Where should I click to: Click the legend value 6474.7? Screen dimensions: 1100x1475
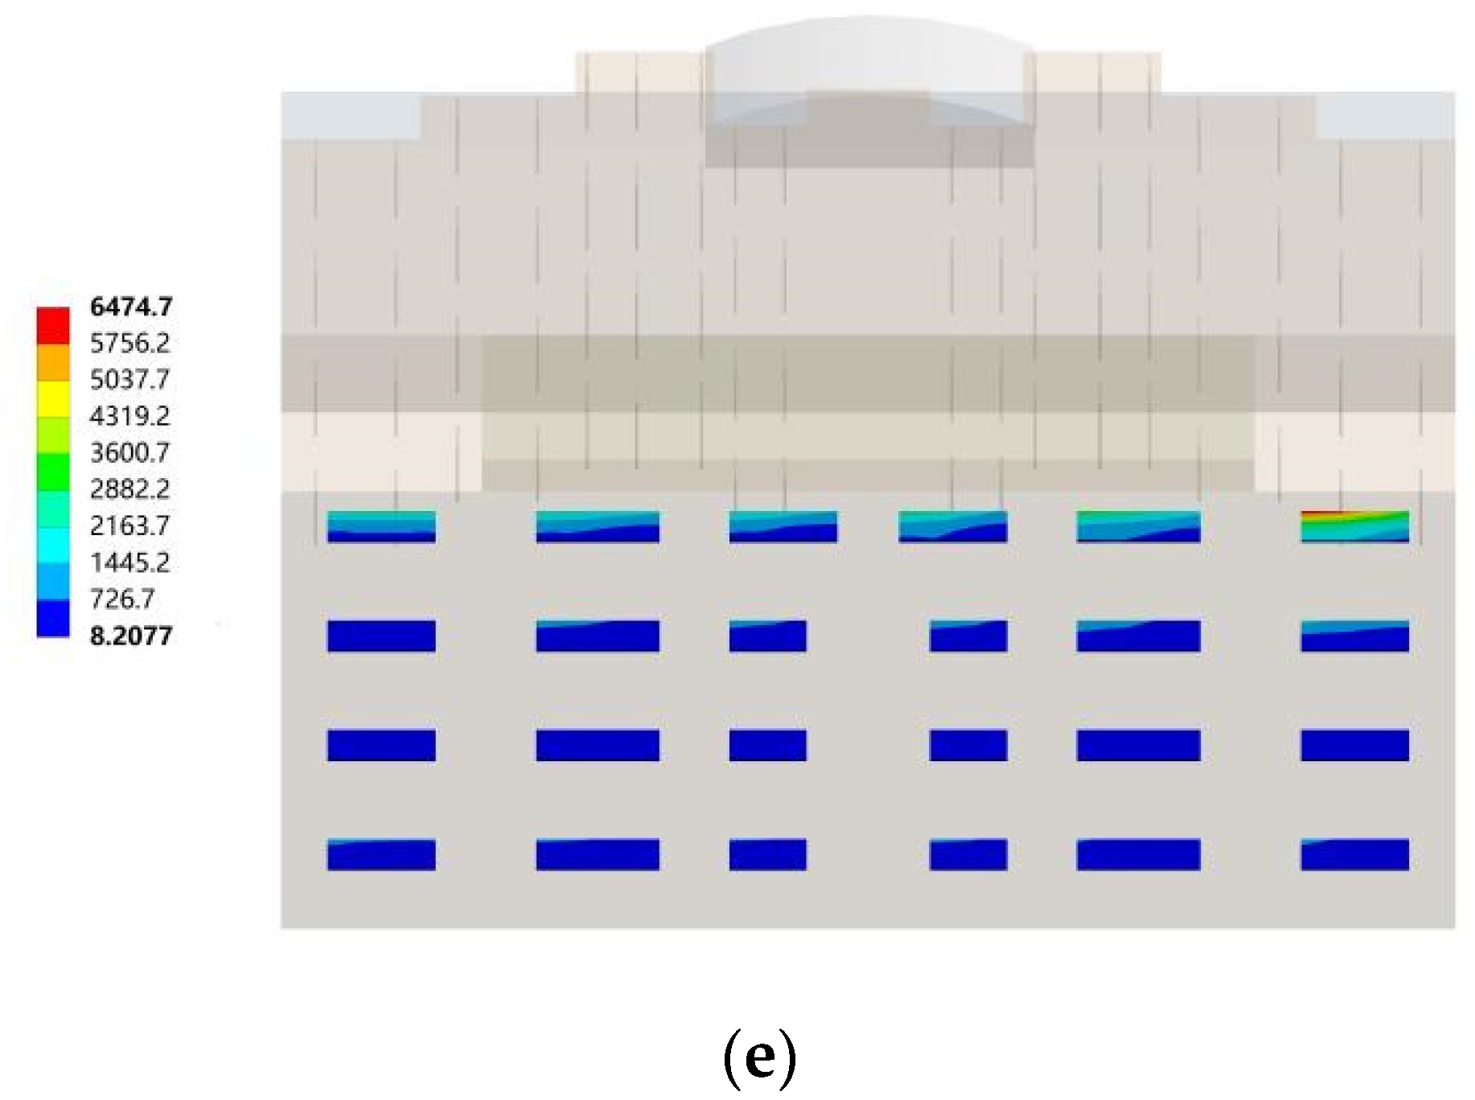(131, 307)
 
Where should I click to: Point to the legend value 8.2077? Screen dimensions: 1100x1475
(131, 636)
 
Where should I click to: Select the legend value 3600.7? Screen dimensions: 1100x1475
(129, 452)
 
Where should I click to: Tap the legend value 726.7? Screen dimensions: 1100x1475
(121, 599)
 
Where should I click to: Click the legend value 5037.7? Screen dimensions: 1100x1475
(129, 379)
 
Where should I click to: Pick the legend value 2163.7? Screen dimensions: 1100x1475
(129, 525)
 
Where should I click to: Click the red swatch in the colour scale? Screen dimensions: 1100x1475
(53, 325)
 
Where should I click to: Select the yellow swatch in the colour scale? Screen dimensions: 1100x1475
(53, 398)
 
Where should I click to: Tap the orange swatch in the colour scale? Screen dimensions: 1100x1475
(53, 362)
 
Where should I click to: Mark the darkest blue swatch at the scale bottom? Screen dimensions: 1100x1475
(53, 618)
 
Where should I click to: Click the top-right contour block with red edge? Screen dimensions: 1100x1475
(1354, 526)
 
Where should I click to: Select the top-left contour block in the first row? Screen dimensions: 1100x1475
(381, 526)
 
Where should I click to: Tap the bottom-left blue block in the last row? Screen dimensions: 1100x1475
(381, 855)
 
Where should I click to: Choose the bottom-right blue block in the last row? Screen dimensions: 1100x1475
(1354, 855)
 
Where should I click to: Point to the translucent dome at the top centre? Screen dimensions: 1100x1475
(869, 68)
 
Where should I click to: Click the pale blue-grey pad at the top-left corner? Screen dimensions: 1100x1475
(351, 115)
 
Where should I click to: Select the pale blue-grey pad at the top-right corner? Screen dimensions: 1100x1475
(1385, 115)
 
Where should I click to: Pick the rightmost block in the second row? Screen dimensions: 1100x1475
(1354, 636)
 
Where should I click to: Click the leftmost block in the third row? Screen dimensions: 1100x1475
(381, 745)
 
